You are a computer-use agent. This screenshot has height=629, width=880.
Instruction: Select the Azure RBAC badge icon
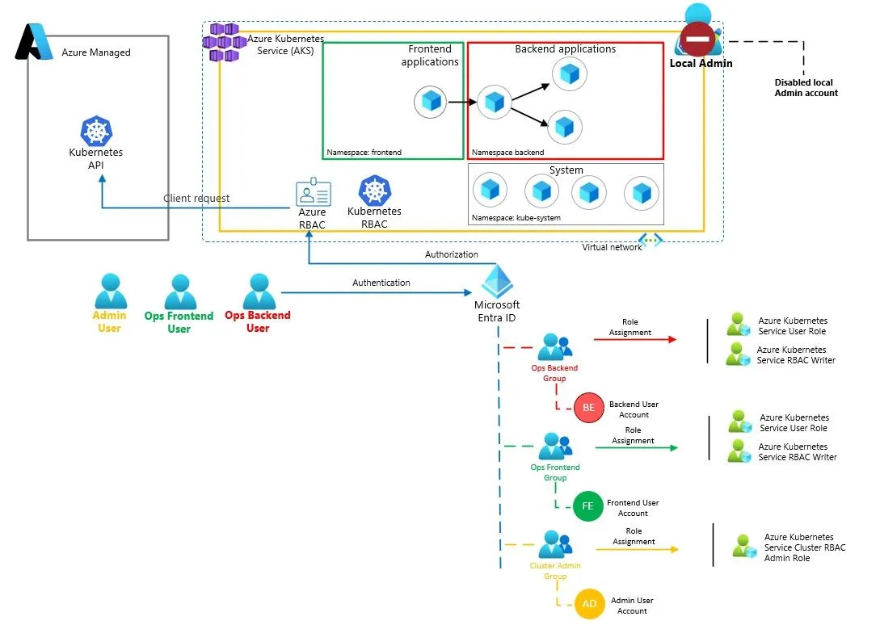pos(313,193)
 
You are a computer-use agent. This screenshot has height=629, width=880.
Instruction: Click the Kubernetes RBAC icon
pos(374,191)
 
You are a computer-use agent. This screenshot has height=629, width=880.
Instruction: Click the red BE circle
pos(588,408)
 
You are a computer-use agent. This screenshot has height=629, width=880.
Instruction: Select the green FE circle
pos(587,506)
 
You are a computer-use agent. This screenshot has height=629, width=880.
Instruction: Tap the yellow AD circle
pos(589,605)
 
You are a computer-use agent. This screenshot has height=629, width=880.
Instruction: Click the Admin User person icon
pos(110,291)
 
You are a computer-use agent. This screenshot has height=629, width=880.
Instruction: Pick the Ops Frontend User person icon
pos(179,291)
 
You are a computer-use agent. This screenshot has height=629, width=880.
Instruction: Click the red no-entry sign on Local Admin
pos(697,39)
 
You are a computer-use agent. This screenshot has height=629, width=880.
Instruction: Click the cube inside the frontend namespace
pos(431,102)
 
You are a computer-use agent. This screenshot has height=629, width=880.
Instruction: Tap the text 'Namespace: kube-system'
pos(516,218)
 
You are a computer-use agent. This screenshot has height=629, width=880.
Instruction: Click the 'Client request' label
pos(196,198)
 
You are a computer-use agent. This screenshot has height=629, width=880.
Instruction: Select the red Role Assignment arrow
pos(635,340)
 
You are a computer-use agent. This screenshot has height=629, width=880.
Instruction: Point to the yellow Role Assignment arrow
pos(637,550)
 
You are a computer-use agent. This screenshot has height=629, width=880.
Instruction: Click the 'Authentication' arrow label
pos(381,283)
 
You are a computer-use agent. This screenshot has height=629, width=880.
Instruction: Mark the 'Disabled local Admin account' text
pos(806,88)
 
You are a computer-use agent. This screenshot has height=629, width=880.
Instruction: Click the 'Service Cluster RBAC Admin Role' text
pos(804,547)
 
